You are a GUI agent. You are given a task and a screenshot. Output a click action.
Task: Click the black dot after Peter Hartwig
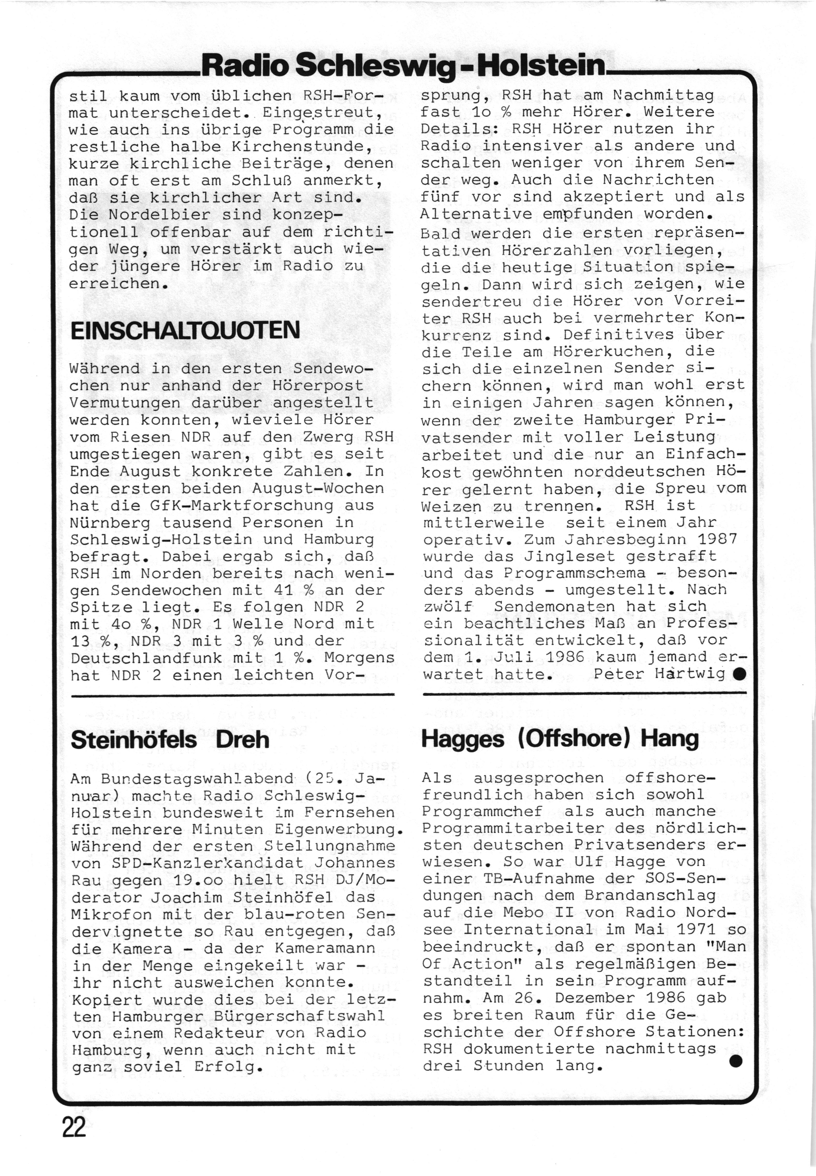[x=738, y=674]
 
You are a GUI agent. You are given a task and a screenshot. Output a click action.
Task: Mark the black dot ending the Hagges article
[x=735, y=1061]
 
